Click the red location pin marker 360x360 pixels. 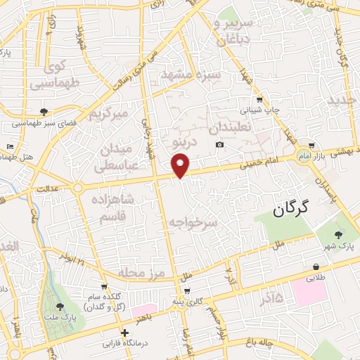(181, 166)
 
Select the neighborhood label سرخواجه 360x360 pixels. (193, 222)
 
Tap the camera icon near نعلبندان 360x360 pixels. (220, 145)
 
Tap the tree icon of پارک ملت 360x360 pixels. (60, 307)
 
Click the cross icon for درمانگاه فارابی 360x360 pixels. (124, 333)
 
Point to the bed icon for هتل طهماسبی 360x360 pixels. (9, 147)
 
